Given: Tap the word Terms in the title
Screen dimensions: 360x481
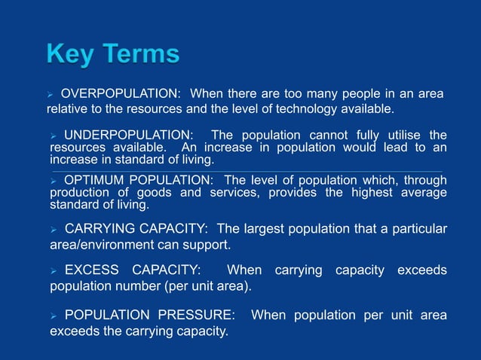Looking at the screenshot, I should (x=142, y=54).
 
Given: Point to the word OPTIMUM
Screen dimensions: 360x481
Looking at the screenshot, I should (x=94, y=180).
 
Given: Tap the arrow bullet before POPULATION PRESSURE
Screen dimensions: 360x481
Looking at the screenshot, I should (x=54, y=316).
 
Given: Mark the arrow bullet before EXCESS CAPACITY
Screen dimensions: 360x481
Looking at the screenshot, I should (x=54, y=270).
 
